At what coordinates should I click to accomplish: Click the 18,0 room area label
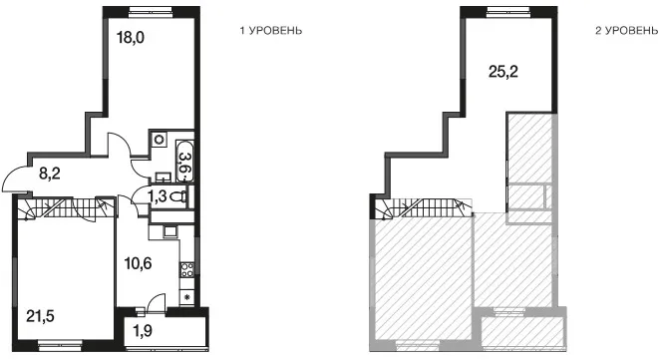131,38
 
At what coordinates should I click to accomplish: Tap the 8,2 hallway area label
50,174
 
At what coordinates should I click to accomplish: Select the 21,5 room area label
40,316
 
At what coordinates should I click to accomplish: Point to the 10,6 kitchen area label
138,263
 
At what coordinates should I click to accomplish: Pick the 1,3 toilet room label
157,197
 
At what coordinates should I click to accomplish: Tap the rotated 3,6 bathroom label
184,162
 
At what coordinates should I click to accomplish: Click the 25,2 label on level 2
503,72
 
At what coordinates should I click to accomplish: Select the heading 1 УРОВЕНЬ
271,31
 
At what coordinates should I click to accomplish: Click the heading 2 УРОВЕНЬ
627,31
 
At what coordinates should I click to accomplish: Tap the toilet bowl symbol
179,196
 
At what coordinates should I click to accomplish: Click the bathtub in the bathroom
184,162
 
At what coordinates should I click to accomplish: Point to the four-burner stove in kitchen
187,270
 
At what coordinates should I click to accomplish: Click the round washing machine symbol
160,139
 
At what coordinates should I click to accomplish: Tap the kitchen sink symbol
170,231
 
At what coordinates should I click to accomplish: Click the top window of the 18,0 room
152,12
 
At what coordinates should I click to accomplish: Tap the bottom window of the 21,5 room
60,344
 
